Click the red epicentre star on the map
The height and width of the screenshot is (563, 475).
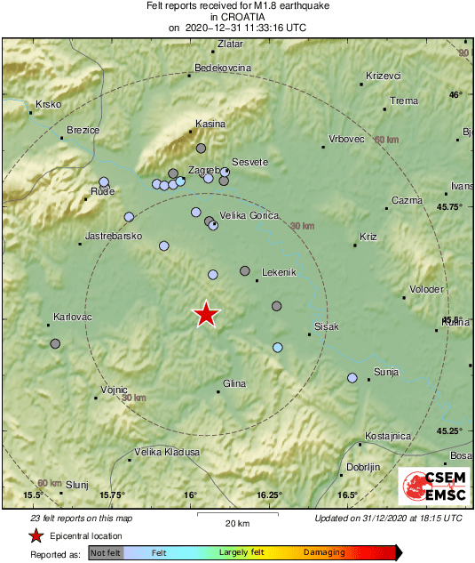pos(206,314)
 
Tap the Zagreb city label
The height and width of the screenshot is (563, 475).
pos(203,169)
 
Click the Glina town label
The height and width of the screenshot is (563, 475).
pos(234,382)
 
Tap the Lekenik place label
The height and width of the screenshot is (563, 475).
pos(279,273)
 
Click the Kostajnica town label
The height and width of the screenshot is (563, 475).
pos(388,436)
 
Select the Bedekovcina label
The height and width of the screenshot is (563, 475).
pos(223,68)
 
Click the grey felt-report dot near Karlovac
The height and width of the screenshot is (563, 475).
pos(55,343)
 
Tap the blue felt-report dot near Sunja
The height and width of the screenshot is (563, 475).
pos(352,378)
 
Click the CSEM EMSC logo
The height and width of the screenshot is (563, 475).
pos(430,486)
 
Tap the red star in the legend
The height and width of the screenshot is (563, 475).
pos(36,535)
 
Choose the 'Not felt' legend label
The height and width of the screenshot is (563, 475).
pos(106,552)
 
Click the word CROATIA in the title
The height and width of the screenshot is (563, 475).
pos(237,16)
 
